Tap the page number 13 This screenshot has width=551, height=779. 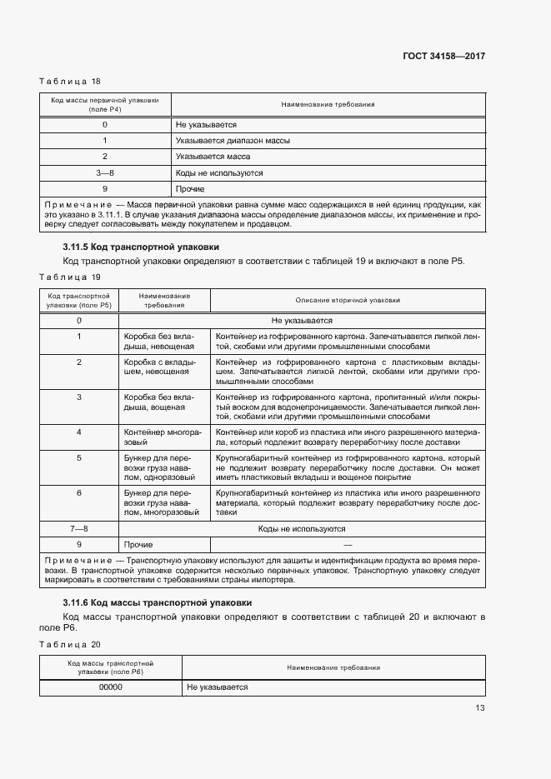point(479,708)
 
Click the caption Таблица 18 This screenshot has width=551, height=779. point(70,81)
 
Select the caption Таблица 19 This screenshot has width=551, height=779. point(70,277)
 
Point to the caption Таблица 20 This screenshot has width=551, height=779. point(70,644)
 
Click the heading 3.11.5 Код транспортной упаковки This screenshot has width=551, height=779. point(141,247)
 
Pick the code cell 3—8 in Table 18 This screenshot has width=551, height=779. point(105,172)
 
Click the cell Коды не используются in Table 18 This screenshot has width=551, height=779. point(219,172)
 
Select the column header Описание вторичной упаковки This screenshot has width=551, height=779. point(348,300)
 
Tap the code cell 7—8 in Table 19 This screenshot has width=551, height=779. point(79,528)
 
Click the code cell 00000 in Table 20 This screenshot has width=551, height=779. point(111,687)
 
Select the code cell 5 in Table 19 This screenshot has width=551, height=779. point(79,457)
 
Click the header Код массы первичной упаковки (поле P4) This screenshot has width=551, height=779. point(105,105)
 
